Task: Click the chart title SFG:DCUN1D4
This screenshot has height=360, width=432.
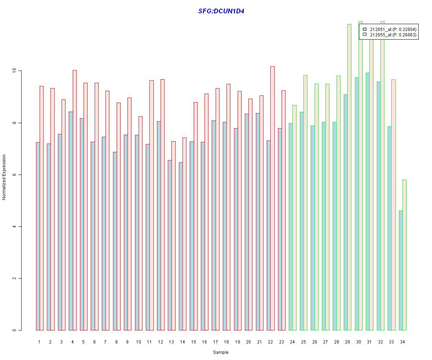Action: tap(221, 11)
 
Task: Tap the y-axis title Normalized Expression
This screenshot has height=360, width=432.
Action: tap(4, 177)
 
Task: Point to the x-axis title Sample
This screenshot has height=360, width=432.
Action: tap(220, 352)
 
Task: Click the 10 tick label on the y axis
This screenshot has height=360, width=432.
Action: tap(14, 71)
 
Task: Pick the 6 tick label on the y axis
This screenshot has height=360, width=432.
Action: tap(14, 175)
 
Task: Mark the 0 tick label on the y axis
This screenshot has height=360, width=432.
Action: tap(14, 330)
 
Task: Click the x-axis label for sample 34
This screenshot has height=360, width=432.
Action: tap(402, 342)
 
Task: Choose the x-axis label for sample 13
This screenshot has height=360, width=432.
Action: tap(171, 342)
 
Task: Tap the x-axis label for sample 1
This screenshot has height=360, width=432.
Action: tap(39, 342)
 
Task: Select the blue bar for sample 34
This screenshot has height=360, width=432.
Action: tap(400, 270)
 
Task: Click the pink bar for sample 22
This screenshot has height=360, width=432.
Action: tap(273, 198)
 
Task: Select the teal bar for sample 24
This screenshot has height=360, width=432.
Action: tap(291, 227)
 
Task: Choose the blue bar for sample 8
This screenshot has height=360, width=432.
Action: tap(114, 241)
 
